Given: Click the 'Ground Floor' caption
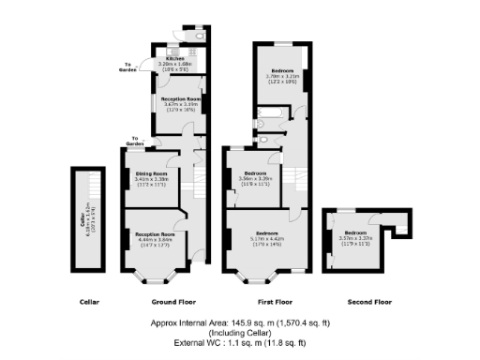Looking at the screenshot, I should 173,303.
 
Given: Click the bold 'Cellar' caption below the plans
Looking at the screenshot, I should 89,303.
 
